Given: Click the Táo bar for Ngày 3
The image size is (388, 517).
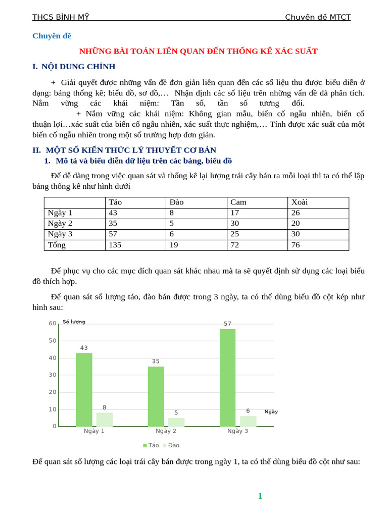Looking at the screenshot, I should (227, 378).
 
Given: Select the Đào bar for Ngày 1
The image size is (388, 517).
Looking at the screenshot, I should (105, 420).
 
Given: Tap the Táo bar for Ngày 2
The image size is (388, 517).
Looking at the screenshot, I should (156, 396).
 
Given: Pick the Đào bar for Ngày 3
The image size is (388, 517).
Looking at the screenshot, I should (248, 421).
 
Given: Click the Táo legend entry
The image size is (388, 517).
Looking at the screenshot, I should (151, 445).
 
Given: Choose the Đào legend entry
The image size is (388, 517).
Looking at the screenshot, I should (171, 445).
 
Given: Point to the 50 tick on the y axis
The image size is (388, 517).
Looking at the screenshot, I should (53, 341).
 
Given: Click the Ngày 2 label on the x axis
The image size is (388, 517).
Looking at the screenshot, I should (166, 431).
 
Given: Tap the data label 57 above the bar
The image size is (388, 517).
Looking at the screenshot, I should (227, 324).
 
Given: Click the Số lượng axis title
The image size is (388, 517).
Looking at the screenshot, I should (74, 322).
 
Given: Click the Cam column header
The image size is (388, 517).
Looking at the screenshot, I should (238, 202).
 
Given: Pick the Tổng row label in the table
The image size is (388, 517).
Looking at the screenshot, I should (57, 245).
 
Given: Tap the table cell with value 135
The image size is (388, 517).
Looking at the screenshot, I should (115, 245).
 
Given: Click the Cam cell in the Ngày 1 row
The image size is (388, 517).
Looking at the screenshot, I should (235, 213).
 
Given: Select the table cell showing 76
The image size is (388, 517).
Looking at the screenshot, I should (296, 245).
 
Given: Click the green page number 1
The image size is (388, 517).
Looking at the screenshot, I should (260, 496).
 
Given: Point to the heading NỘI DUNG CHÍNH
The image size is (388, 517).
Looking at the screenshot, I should (78, 67).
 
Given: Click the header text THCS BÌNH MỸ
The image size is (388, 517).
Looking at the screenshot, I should (61, 17).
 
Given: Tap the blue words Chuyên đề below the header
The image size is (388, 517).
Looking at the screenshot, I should (52, 36).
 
